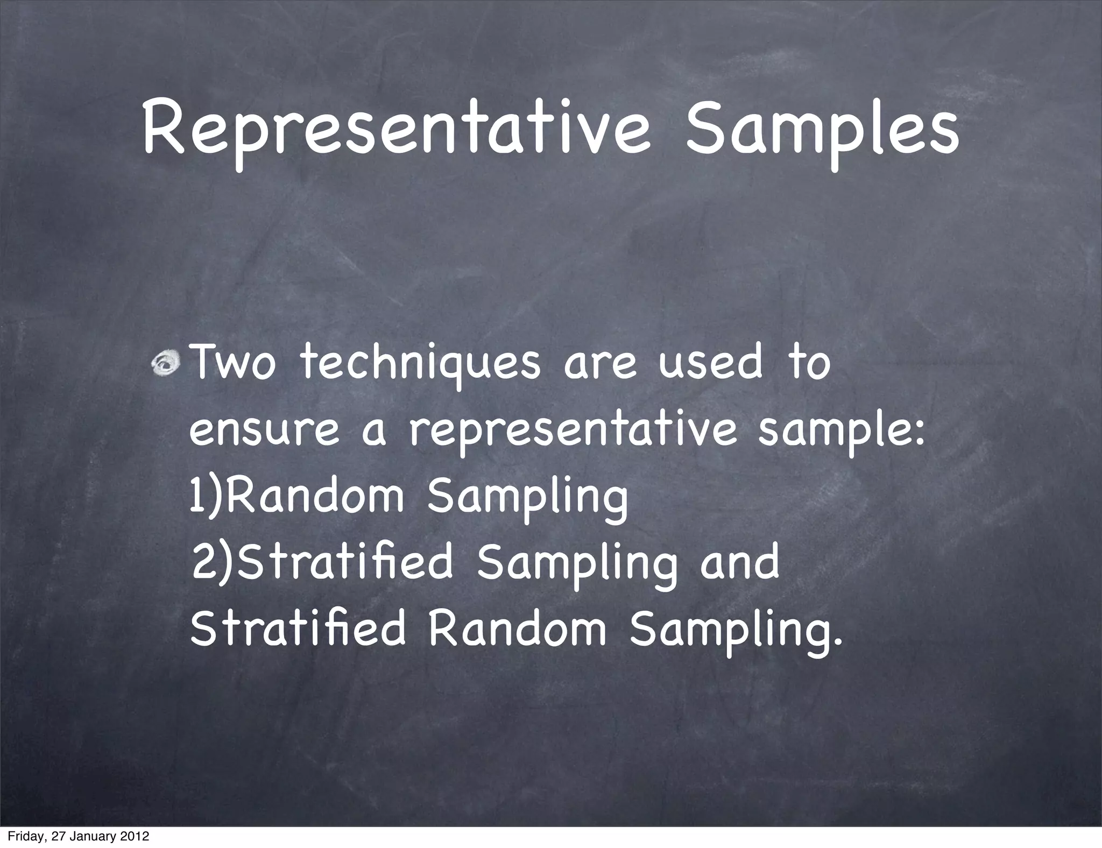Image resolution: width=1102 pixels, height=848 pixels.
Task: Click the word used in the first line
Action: click(710, 363)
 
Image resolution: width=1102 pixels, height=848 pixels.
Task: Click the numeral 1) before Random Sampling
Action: click(205, 498)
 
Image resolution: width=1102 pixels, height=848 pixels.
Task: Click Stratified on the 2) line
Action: click(345, 562)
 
